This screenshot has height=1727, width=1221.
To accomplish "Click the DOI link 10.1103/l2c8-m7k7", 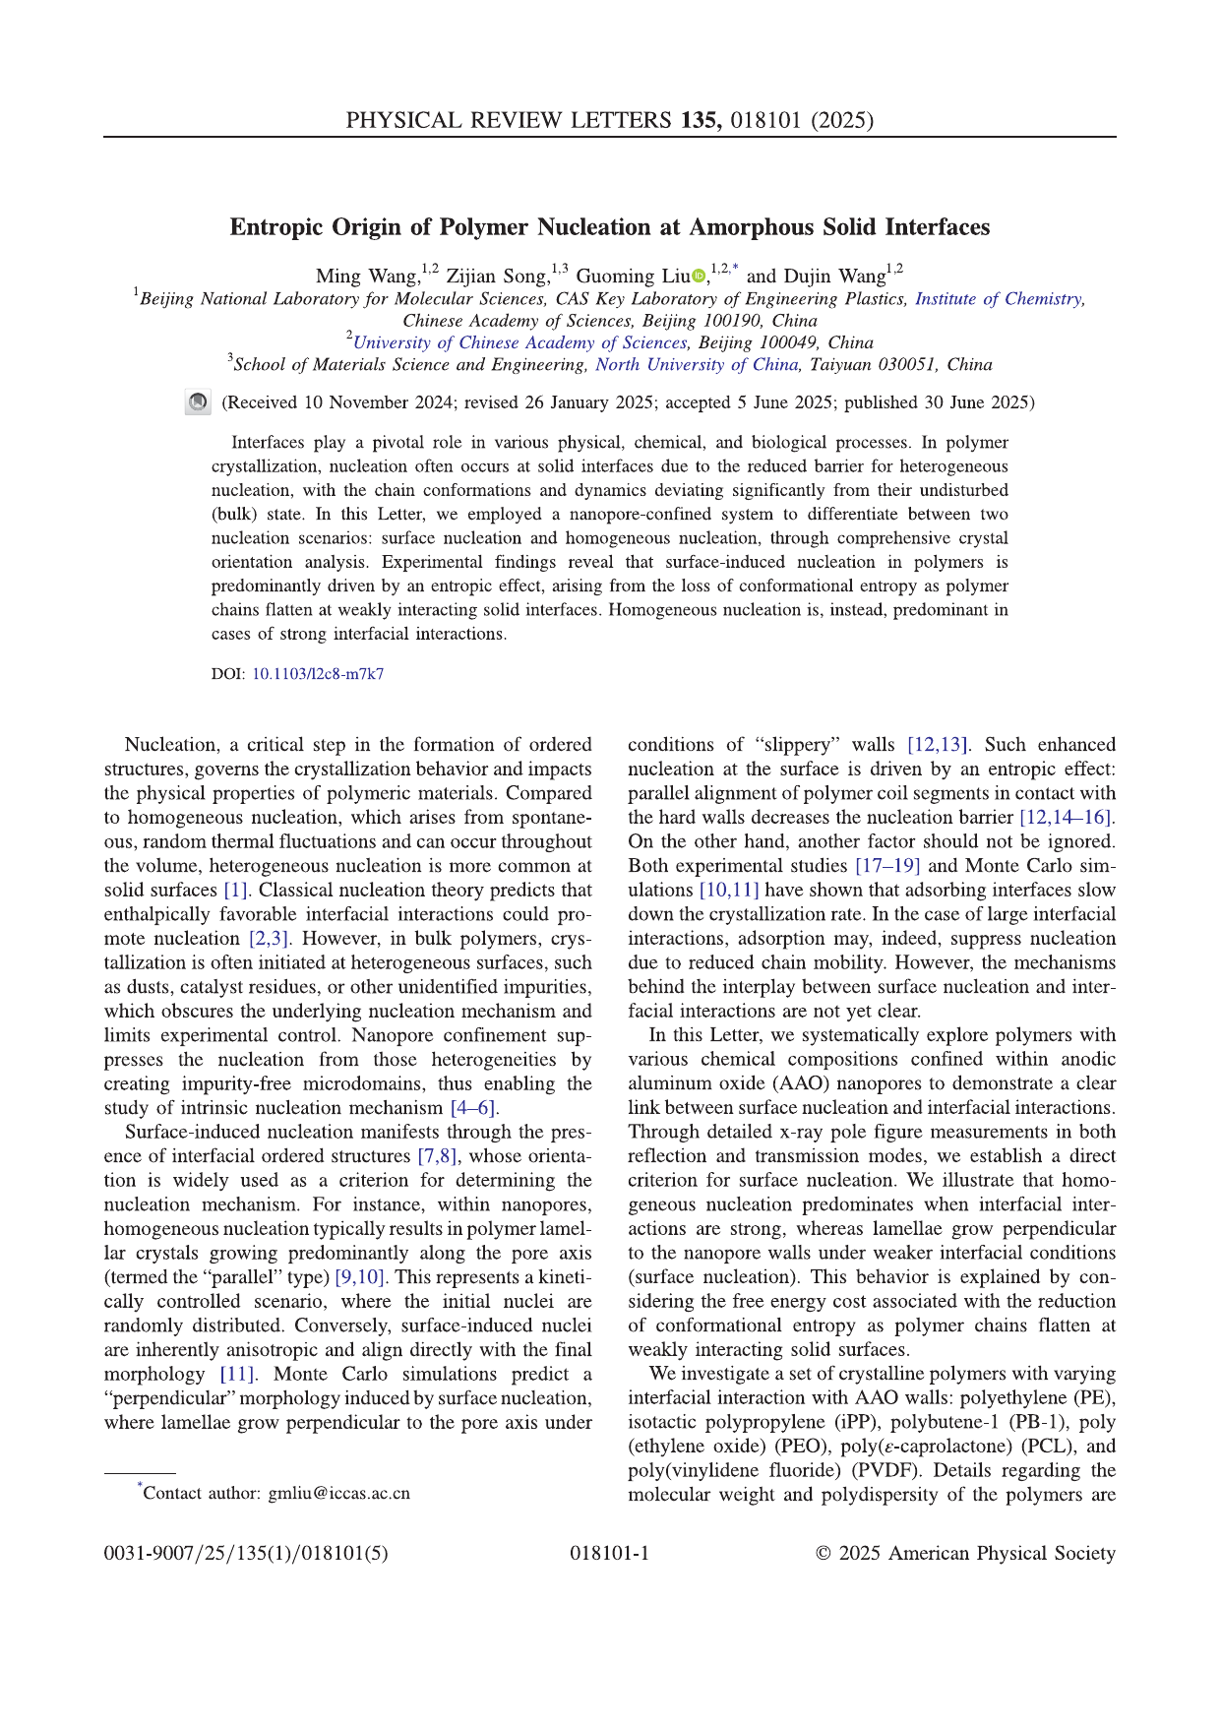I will click(318, 674).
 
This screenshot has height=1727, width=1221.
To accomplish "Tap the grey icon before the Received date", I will click(198, 402).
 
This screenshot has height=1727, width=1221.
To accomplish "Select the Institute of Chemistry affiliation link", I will click(999, 299).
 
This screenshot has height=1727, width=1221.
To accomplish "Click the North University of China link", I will click(697, 365).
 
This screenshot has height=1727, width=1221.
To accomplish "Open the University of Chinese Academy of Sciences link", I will click(519, 342).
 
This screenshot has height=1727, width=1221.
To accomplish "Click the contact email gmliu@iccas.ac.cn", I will click(338, 1493).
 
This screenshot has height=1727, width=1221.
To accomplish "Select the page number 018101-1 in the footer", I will click(609, 1554).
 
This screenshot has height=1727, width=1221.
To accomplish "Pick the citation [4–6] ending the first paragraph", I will click(475, 1108).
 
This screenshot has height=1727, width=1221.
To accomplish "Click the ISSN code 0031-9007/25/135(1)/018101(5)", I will click(246, 1554).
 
